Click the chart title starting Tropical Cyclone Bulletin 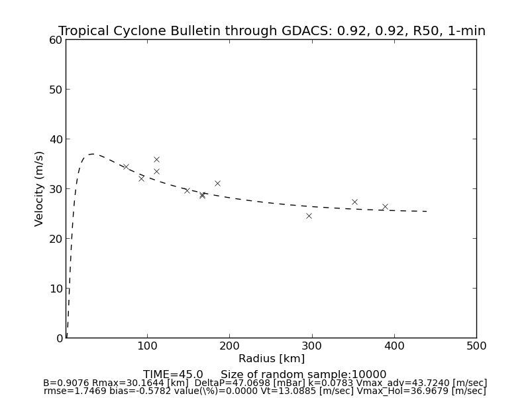point(272,31)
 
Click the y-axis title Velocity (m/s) point(40,188)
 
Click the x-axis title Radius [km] point(272,359)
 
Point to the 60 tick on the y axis point(55,40)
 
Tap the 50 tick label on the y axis point(55,90)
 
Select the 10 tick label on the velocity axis point(55,289)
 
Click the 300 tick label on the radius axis point(312,346)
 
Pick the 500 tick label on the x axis point(476,346)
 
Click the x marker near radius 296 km point(309,216)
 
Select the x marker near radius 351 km point(354,202)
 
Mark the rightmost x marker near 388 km point(385,206)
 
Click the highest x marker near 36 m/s point(156,159)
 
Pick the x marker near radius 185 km point(217,183)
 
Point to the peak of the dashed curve point(91,154)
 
